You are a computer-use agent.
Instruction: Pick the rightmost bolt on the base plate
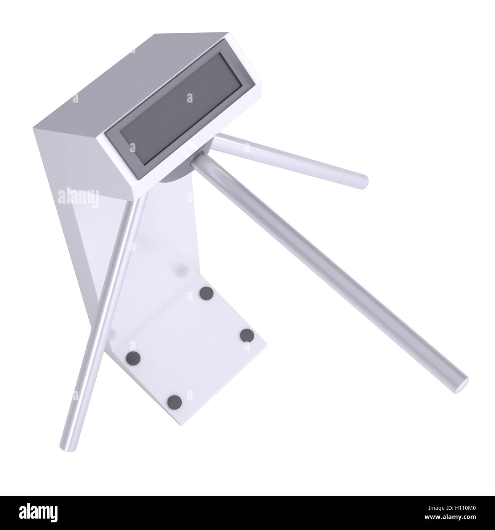247,336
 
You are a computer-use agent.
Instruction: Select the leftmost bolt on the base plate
134,357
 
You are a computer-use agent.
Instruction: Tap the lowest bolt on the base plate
175,402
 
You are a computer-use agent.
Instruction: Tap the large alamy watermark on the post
78,197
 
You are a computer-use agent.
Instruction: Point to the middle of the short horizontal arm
289,158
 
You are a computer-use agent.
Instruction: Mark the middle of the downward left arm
105,324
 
